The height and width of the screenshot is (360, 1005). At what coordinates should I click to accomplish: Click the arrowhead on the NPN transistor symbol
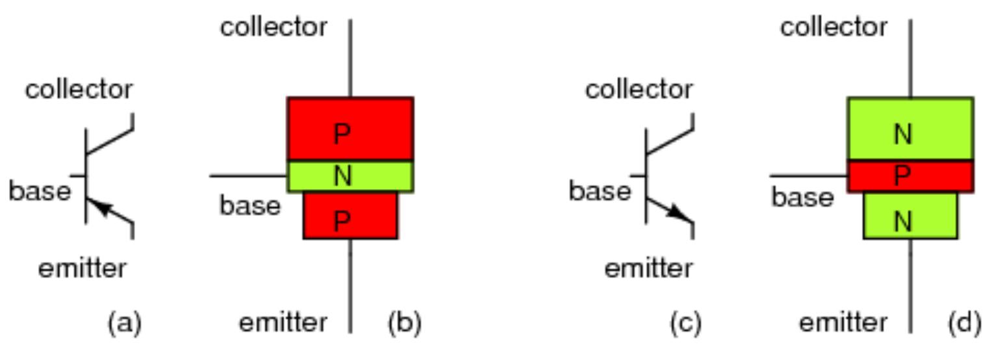point(680,213)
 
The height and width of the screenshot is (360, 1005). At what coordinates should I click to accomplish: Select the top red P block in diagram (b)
point(350,129)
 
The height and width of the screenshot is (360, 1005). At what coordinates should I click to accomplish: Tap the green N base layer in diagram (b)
point(350,176)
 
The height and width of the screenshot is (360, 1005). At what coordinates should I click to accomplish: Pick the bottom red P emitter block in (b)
point(350,216)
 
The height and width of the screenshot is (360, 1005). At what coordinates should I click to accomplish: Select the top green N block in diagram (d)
point(910,129)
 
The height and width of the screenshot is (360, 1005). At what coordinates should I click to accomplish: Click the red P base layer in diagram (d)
point(910,176)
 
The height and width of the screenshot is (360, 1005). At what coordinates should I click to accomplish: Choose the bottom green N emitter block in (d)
point(910,216)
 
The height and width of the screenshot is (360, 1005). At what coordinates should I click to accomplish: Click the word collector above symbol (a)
point(79,90)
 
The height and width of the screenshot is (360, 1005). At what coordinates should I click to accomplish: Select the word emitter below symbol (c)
point(648,268)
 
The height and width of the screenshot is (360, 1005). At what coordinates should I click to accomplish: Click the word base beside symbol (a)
point(39,192)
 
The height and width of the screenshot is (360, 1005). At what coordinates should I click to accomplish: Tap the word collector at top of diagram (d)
point(833,27)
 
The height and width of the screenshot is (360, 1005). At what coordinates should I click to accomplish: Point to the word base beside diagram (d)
point(802,197)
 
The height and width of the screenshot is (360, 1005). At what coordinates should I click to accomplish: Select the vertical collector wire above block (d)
point(910,58)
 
